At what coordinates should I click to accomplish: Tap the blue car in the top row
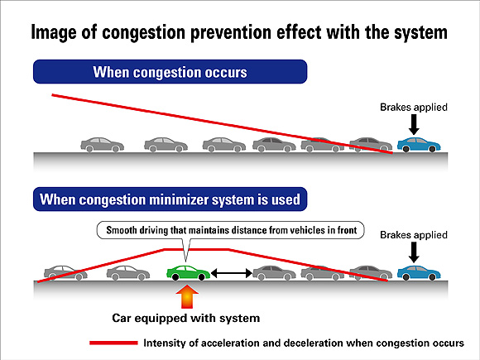tap(417, 145)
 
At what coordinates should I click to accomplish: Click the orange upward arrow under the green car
tap(188, 296)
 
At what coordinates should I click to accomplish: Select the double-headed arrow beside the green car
tap(231, 272)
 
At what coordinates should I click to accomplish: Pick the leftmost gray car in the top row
tap(102, 145)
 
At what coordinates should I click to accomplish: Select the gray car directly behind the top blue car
tap(369, 145)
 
